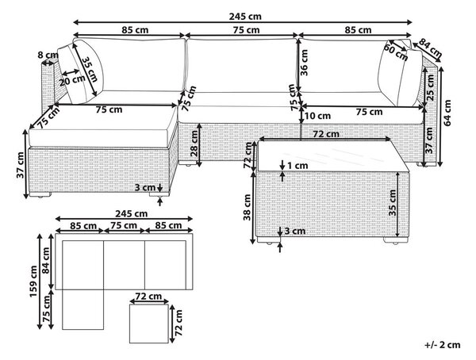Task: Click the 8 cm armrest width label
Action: [48, 56]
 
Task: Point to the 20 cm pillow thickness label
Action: [72, 81]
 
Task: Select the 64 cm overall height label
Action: [447, 113]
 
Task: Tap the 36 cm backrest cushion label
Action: [304, 63]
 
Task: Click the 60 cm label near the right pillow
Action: [396, 52]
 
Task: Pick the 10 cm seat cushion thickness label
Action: [317, 116]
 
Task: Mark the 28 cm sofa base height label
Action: [194, 144]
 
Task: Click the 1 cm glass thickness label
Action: [297, 166]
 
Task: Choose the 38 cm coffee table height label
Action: [248, 207]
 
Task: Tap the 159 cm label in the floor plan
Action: [33, 281]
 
